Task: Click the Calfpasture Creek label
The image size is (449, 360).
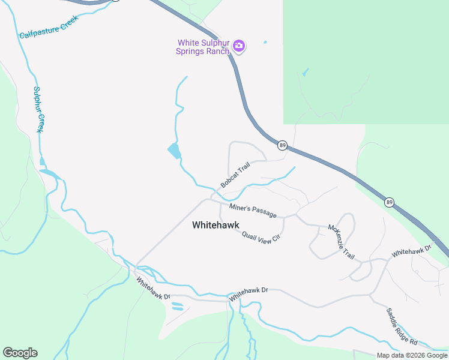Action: [49, 27]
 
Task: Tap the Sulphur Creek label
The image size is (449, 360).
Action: [39, 110]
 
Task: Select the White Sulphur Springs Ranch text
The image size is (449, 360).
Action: [203, 47]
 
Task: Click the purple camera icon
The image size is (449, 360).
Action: [239, 46]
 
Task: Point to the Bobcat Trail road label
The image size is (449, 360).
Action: [235, 177]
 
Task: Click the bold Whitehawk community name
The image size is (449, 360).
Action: [215, 226]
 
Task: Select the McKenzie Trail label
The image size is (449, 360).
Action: [342, 242]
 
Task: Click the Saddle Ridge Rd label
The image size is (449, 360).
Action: [402, 326]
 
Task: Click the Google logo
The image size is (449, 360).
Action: [20, 353]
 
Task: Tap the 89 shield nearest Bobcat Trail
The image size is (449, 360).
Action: [282, 145]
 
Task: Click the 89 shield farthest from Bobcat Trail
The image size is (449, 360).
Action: [390, 202]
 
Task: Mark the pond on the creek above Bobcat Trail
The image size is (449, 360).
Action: [174, 151]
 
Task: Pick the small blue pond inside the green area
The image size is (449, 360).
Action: [306, 73]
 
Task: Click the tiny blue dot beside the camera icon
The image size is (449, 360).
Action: [265, 42]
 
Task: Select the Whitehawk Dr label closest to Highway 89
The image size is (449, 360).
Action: [412, 251]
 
